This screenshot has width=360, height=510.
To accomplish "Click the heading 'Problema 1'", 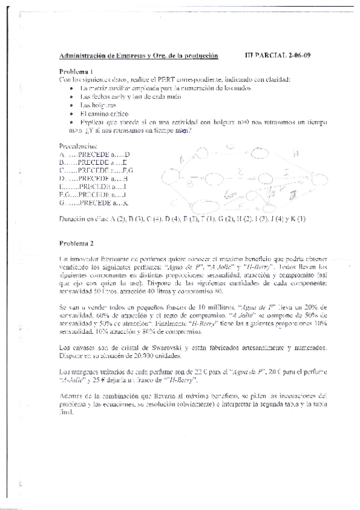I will coord(76,71).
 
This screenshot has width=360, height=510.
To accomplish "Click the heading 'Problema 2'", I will coord(76,244).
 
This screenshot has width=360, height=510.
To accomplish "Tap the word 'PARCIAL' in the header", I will coord(270,56).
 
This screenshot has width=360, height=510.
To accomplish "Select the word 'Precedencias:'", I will coord(78,146).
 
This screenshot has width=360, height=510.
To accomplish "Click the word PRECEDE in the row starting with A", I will coord(95,154).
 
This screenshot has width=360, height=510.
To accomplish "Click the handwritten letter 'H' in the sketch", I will coord(294,154).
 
